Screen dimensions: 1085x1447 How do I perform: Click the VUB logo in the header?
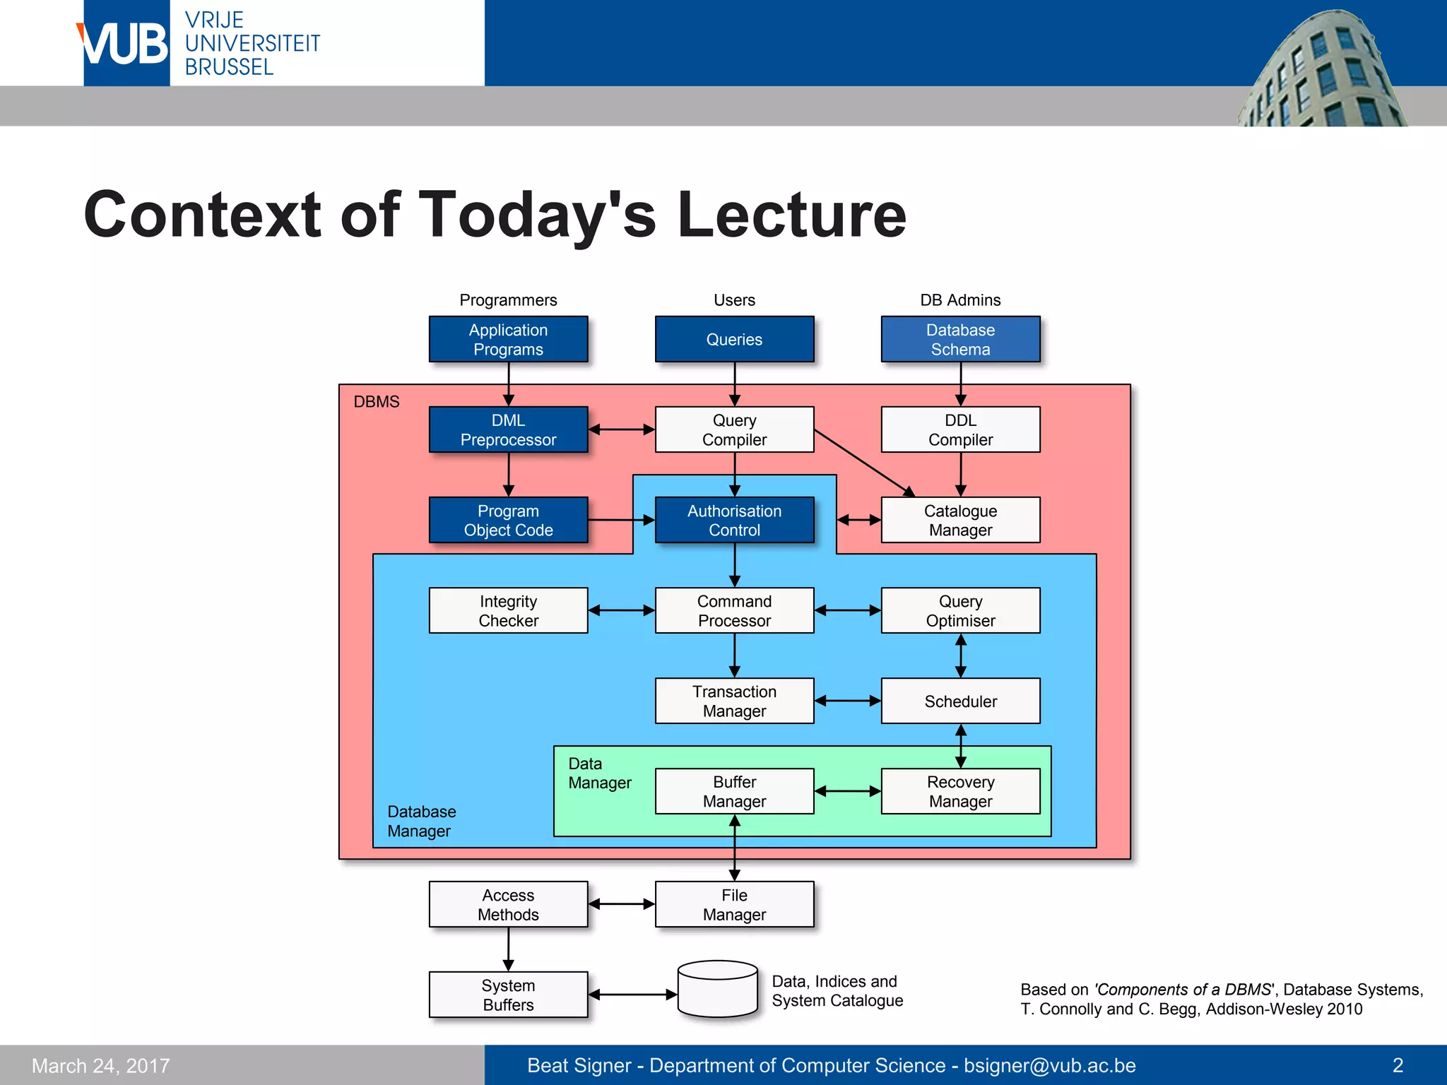coord(126,44)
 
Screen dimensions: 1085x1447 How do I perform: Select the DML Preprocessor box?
coord(508,429)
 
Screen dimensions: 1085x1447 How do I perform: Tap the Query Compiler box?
coord(734,429)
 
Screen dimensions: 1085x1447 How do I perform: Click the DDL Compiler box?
coord(960,429)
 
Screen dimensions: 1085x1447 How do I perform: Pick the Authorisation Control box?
coord(734,520)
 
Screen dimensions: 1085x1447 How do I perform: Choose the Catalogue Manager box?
coord(960,520)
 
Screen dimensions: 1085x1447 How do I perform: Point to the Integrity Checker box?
coord(508,610)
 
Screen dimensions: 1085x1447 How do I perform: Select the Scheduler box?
coord(960,701)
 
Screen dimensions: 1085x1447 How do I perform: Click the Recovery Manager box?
coord(960,791)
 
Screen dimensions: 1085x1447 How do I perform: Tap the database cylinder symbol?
coord(717,989)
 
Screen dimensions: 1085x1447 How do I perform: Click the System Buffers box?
coord(508,995)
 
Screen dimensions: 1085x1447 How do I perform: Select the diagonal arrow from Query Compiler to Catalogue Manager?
coord(863,462)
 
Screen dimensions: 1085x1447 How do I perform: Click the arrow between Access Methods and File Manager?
coord(621,903)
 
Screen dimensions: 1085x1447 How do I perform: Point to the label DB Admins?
coord(960,300)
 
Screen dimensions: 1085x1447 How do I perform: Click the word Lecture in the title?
coord(791,215)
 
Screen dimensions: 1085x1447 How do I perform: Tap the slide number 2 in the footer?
coord(1397,1065)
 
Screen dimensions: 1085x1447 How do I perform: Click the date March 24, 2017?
coord(101,1065)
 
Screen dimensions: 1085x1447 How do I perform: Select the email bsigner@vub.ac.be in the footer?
coord(1049,1065)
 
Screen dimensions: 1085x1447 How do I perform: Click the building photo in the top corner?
coord(1321,71)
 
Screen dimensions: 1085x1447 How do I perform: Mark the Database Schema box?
coord(960,339)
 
